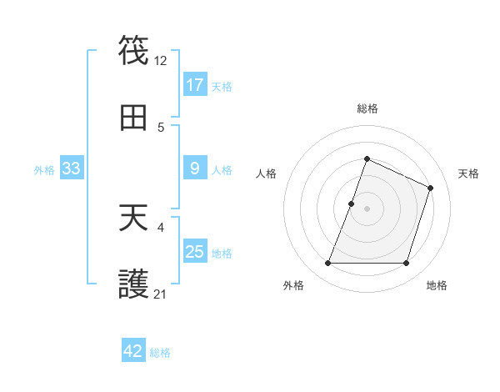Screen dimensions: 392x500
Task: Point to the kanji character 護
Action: point(134,286)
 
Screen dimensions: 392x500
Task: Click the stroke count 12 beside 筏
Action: point(161,60)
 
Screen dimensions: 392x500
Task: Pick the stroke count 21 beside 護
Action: point(161,294)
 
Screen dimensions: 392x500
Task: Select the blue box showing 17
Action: point(195,85)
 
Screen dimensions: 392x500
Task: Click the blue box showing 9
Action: point(195,168)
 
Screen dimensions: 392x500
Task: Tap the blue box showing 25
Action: point(195,252)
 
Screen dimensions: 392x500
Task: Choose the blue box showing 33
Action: point(72,168)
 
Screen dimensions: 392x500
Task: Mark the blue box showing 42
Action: point(133,351)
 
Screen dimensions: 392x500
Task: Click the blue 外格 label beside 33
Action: point(44,169)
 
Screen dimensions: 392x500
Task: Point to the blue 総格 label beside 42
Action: point(160,353)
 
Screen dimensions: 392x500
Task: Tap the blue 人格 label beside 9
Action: point(222,169)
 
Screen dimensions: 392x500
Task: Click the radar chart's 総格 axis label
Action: point(367,109)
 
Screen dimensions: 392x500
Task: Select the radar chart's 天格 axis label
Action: point(469,173)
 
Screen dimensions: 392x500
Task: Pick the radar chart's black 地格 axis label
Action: point(437,286)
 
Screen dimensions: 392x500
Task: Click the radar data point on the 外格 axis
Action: point(327,264)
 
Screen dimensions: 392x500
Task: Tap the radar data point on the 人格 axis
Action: point(351,204)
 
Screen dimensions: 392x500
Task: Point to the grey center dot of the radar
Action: point(367,209)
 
